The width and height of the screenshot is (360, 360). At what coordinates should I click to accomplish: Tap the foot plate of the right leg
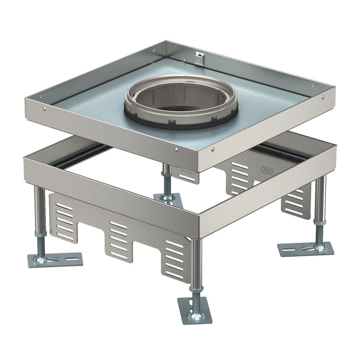(306, 249)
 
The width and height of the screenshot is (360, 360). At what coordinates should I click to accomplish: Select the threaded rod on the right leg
(319, 234)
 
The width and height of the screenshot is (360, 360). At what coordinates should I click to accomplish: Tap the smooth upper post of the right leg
(320, 196)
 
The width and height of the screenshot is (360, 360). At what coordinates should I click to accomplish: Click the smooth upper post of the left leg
(39, 208)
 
